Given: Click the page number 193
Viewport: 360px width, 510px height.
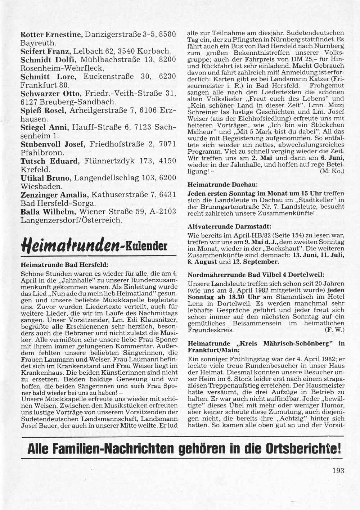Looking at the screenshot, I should (339, 470).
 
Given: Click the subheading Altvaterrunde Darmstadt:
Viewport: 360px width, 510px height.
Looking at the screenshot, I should (230, 227).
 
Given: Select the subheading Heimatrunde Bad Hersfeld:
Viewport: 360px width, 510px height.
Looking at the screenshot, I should (65, 264).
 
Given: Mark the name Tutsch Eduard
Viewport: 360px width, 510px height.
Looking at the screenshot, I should (49, 161).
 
